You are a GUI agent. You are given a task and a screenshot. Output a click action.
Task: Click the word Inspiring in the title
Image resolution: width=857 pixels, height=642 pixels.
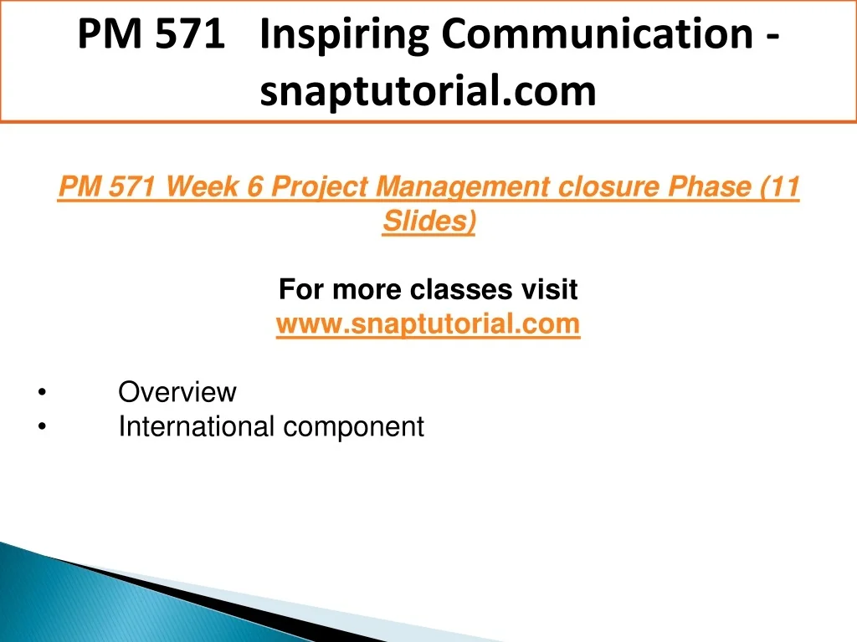pyautogui.click(x=344, y=35)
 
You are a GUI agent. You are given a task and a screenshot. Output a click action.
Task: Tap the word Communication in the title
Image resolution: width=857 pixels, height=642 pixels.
pyautogui.click(x=597, y=33)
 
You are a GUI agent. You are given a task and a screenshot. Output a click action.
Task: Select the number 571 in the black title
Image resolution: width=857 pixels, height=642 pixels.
pyautogui.click(x=190, y=33)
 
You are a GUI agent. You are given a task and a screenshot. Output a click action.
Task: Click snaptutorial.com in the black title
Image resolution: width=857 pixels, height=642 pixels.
pyautogui.click(x=428, y=91)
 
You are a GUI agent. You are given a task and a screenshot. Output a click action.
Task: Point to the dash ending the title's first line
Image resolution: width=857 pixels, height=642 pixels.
pyautogui.click(x=772, y=37)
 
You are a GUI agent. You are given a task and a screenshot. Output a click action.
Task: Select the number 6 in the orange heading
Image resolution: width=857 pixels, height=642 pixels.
pyautogui.click(x=255, y=186)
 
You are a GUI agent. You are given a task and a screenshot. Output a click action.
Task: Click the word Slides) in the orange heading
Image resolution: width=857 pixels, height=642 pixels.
pyautogui.click(x=429, y=222)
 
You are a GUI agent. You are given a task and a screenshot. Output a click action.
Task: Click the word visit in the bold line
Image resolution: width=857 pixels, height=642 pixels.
pyautogui.click(x=549, y=289)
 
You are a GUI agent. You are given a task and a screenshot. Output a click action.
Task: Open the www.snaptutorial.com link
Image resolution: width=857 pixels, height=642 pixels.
pyautogui.click(x=428, y=324)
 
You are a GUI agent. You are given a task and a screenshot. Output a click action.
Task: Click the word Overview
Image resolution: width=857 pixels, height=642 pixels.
pyautogui.click(x=177, y=392)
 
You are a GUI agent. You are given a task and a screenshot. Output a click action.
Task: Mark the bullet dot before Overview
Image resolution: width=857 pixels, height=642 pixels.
pyautogui.click(x=42, y=392)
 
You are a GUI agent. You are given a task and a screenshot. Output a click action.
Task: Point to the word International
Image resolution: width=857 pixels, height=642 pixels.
pyautogui.click(x=196, y=426)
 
